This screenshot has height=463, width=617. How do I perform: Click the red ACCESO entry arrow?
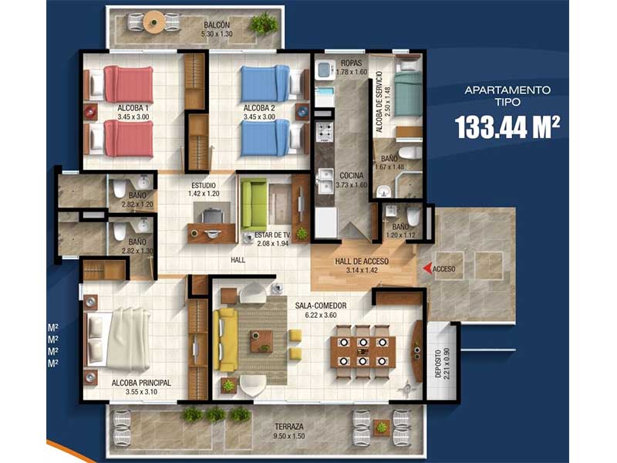[427, 269]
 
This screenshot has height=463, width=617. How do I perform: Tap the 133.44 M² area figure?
[507, 127]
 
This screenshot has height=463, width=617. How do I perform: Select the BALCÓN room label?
[217, 25]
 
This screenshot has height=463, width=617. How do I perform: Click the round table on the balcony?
[153, 22]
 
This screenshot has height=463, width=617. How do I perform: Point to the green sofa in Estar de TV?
[253, 204]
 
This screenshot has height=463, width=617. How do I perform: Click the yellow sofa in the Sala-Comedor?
[225, 340]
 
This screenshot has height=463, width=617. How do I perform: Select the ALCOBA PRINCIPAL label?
[141, 383]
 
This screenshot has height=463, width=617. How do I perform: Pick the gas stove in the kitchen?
[325, 132]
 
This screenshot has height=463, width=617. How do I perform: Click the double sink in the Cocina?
[326, 181]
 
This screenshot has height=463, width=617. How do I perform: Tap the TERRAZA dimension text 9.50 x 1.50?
[289, 436]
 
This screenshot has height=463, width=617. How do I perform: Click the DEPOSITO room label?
[438, 363]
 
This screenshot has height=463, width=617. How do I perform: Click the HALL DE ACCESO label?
[362, 261]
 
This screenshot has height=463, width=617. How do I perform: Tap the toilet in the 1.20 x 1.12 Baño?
[413, 217]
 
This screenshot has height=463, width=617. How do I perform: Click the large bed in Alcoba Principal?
[118, 338]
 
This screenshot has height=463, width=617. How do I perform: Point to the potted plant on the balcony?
[263, 25]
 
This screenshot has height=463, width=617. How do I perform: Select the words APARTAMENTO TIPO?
[507, 96]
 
